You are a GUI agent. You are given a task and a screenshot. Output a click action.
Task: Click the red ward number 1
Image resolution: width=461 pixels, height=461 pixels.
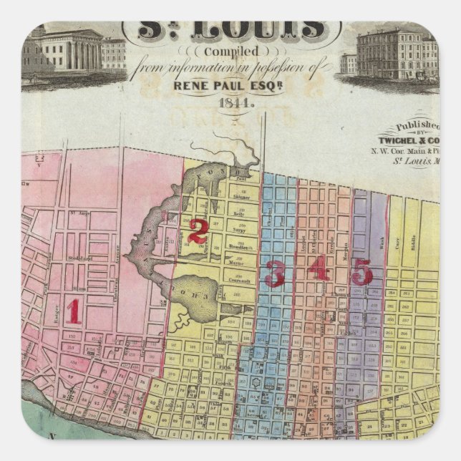click(x=72, y=311)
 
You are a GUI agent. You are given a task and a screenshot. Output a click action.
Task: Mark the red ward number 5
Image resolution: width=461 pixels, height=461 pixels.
click(x=362, y=272)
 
